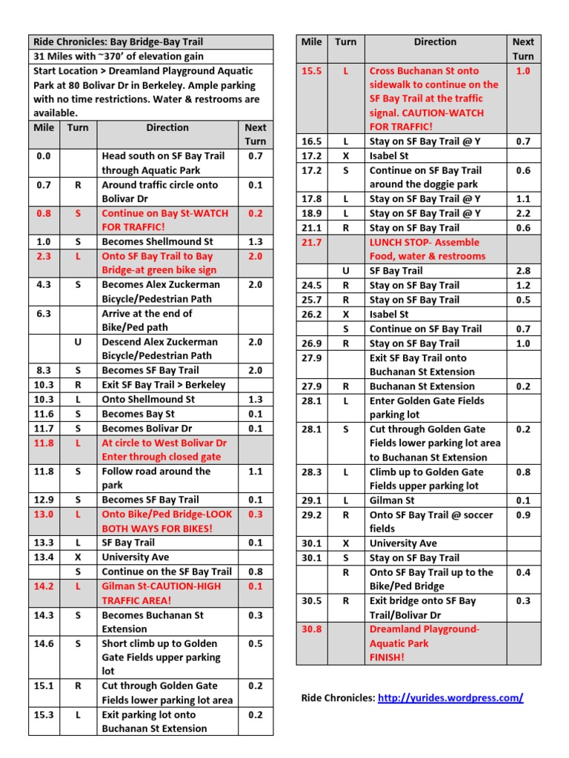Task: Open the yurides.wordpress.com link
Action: pyautogui.click(x=450, y=697)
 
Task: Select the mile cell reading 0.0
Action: pyautogui.click(x=44, y=156)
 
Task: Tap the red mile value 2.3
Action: pyautogui.click(x=44, y=256)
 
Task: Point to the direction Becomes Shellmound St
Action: pyautogui.click(x=157, y=242)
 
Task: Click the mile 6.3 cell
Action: pyautogui.click(x=44, y=314)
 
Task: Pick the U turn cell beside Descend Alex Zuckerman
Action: pyautogui.click(x=78, y=342)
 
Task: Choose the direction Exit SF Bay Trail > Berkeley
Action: pyautogui.click(x=164, y=385)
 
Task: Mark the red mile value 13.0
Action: pyautogui.click(x=44, y=514)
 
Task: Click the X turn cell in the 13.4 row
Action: pyautogui.click(x=78, y=557)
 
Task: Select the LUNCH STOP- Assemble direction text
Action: pyautogui.click(x=425, y=242)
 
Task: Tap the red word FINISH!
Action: pyautogui.click(x=387, y=657)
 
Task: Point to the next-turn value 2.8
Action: pyautogui.click(x=523, y=271)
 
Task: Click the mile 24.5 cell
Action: pyautogui.click(x=311, y=285)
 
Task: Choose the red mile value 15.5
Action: pyautogui.click(x=311, y=71)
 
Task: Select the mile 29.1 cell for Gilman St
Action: pyautogui.click(x=311, y=500)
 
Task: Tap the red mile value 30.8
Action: pyautogui.click(x=311, y=629)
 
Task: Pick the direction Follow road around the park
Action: pyautogui.click(x=156, y=478)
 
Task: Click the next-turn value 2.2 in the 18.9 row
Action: pyautogui.click(x=523, y=213)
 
